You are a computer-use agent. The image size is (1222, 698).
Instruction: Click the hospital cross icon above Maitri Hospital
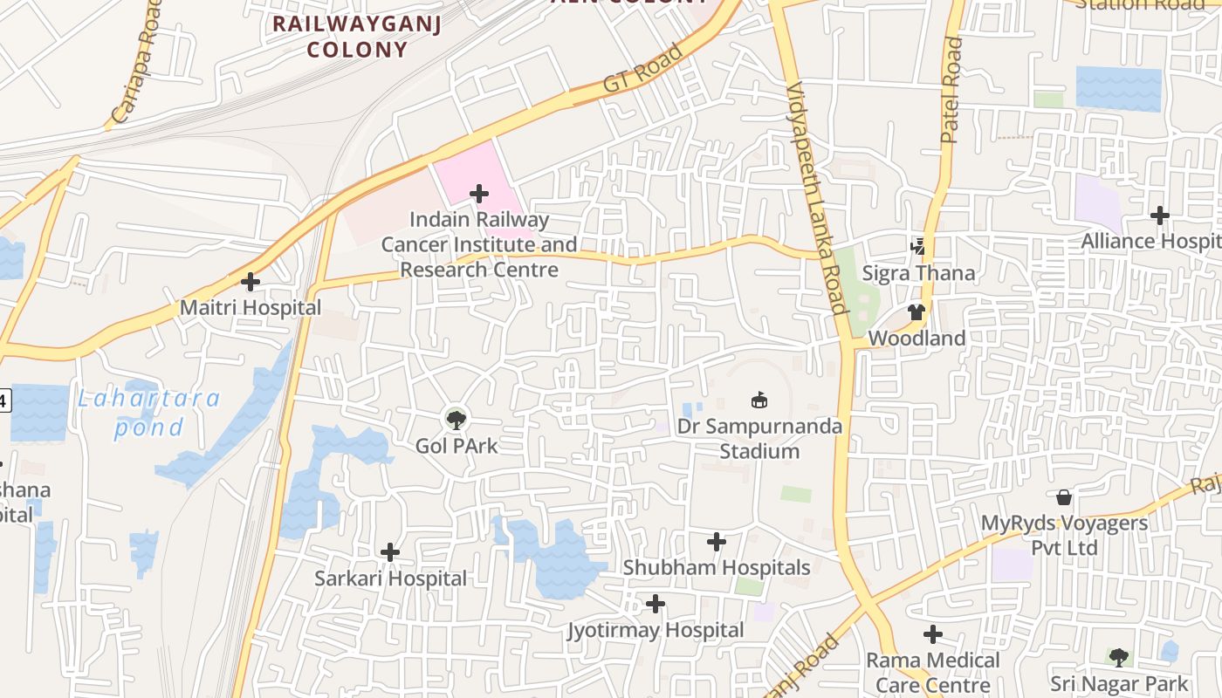coord(251,282)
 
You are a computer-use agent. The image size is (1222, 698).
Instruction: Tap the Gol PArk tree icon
coord(456,420)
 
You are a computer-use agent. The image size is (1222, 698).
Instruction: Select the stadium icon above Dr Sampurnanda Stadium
coord(759,400)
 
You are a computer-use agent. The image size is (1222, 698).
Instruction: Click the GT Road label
coord(642,69)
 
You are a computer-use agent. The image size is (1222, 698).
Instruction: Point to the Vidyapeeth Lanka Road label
coord(817,198)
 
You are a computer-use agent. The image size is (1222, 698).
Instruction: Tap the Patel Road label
coord(951,90)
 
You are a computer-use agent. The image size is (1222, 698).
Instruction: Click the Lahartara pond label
coord(148,413)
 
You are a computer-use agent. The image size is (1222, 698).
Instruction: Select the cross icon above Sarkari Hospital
coord(390,552)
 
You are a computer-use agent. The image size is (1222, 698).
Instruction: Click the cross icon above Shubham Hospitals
coord(717,542)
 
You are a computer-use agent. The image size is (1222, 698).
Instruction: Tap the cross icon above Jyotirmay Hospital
coord(656,604)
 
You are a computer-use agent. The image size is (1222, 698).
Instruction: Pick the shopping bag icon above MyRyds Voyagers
coord(1064,497)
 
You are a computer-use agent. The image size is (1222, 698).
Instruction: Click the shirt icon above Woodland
coord(916,312)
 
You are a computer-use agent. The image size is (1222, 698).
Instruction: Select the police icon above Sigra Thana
coord(918,247)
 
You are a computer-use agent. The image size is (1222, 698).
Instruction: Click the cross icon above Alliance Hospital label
coord(1159,215)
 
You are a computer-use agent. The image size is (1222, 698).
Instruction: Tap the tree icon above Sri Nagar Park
coord(1118,657)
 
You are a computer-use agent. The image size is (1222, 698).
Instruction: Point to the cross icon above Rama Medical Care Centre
coord(933,634)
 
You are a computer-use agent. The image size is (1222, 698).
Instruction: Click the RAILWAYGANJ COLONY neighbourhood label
coord(357,36)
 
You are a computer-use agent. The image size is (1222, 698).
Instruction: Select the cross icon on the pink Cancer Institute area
coord(478,193)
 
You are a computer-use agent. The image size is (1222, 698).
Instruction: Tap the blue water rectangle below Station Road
coord(1118,89)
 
